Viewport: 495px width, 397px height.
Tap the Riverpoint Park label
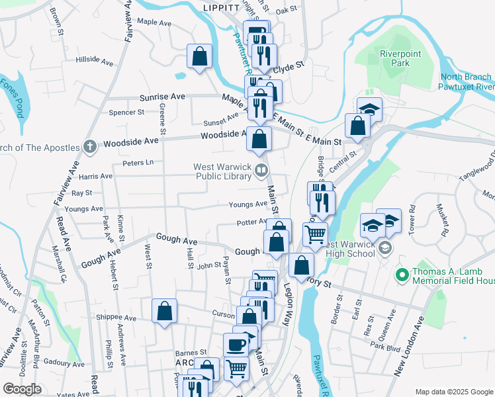point(396,59)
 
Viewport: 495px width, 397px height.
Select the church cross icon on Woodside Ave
point(91,145)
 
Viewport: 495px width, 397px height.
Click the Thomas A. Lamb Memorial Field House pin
point(400,273)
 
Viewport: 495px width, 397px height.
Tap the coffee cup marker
point(236,345)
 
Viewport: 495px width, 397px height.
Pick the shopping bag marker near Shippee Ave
point(164,311)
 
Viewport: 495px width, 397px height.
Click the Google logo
point(22,389)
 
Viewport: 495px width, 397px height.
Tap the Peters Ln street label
point(138,162)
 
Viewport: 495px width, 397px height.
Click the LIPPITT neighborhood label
point(221,7)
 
